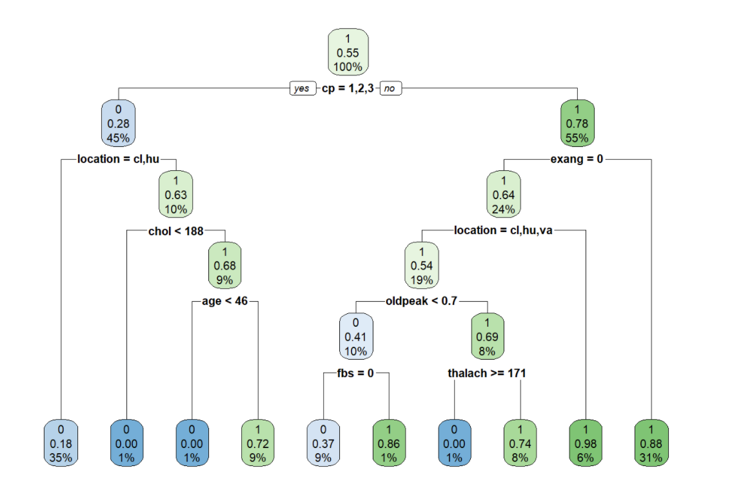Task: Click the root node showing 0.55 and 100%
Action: coord(348,52)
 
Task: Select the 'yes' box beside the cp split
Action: coord(301,89)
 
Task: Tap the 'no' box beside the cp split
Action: coord(390,89)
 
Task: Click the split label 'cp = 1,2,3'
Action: coord(346,89)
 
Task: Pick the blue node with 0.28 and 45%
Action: coord(117,123)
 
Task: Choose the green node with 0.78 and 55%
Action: coord(577,123)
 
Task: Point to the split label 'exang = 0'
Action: coord(577,159)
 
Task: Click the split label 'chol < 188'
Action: coord(175,230)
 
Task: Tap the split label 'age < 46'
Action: coord(224,301)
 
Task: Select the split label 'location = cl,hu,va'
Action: coord(503,230)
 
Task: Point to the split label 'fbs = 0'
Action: coord(355,373)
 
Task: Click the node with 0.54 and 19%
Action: coord(421,266)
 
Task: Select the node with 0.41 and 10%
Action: coord(356,337)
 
